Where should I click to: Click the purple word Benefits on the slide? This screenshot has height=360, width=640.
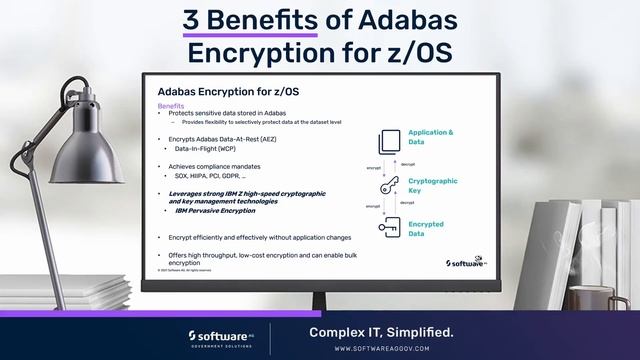[171, 105]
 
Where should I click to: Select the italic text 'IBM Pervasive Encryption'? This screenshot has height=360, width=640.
[215, 211]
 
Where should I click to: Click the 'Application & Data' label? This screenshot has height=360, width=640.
[429, 137]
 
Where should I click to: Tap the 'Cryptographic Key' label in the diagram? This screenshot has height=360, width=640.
[432, 186]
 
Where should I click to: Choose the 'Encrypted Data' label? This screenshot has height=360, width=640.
[426, 229]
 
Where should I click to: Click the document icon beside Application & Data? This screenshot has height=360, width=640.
[390, 139]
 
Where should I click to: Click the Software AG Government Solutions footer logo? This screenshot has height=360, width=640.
[221, 337]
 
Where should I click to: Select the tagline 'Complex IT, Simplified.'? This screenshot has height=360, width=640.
[381, 332]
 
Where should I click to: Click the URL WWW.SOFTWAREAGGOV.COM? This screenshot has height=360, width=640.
[381, 349]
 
